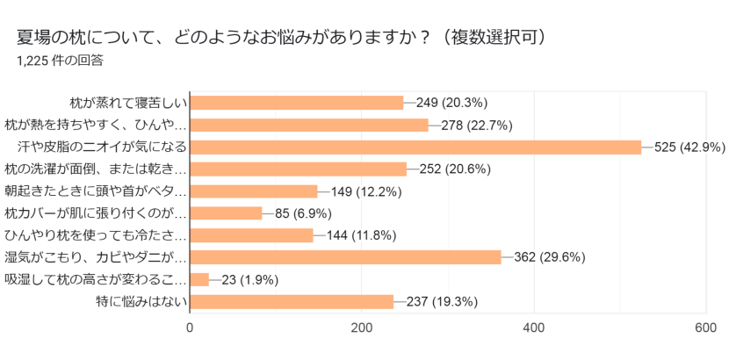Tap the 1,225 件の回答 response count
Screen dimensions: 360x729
tap(60, 61)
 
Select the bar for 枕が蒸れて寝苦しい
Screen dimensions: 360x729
tap(297, 103)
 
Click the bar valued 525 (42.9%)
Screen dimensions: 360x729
tap(415, 147)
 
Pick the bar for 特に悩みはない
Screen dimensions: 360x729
tap(292, 302)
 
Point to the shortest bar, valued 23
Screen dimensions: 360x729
tap(200, 279)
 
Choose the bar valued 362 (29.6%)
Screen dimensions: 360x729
tap(345, 257)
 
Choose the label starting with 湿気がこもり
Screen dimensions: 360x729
tap(96, 257)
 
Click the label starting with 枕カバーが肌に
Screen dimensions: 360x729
tap(96, 213)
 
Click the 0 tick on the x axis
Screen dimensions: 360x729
tap(191, 328)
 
